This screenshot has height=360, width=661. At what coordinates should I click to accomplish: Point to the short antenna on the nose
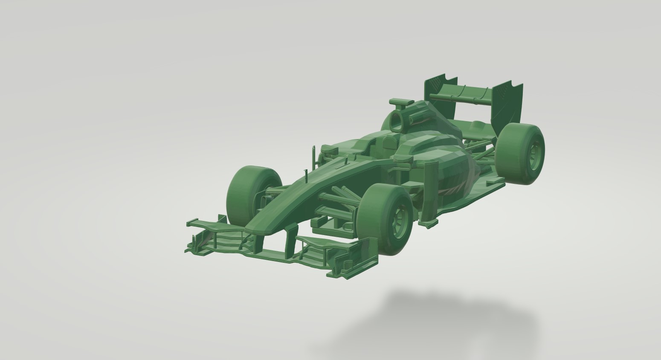[306, 175]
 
